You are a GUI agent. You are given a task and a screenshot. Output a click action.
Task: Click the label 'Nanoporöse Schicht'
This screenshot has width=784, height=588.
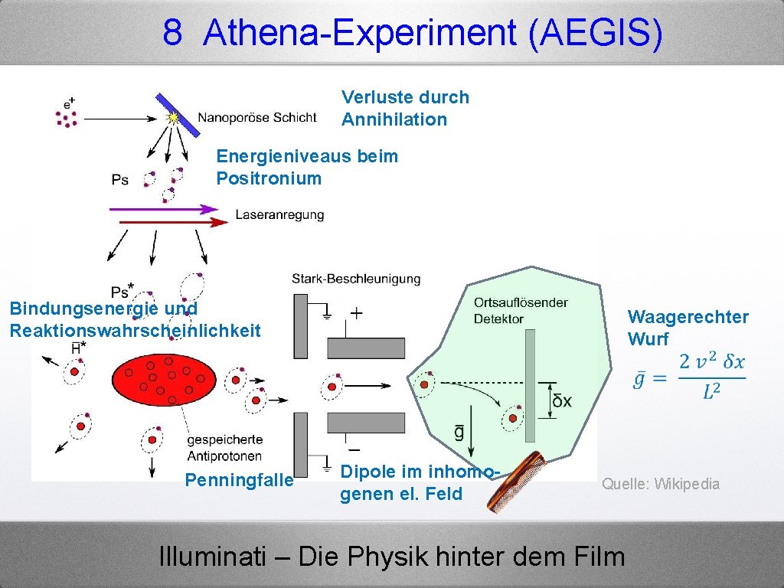(256, 117)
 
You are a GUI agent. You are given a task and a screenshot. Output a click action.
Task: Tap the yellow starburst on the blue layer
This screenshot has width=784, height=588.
(174, 118)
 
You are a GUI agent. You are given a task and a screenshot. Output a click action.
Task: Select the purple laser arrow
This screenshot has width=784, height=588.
(165, 208)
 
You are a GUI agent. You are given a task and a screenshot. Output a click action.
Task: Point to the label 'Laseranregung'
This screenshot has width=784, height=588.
(279, 215)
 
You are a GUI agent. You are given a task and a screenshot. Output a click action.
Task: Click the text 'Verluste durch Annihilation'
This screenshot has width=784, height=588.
(405, 108)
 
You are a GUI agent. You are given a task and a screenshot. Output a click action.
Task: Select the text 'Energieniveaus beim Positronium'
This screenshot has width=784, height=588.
(307, 167)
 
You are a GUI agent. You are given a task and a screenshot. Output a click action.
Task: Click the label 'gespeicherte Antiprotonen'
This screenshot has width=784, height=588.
(224, 448)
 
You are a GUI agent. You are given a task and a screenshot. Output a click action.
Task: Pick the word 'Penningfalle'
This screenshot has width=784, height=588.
(239, 480)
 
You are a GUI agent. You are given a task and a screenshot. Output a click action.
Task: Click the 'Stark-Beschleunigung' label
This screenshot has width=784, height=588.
(356, 279)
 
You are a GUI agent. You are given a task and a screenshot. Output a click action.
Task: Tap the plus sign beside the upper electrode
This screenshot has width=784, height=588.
(357, 312)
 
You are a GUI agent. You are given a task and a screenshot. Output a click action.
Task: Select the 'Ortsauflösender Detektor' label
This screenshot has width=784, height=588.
(521, 310)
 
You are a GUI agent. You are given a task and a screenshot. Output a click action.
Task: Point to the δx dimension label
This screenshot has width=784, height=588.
(562, 401)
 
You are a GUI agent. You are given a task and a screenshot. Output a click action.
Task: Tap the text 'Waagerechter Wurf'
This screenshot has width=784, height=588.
(688, 328)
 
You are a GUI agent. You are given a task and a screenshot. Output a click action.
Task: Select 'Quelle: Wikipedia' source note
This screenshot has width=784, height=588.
(660, 484)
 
